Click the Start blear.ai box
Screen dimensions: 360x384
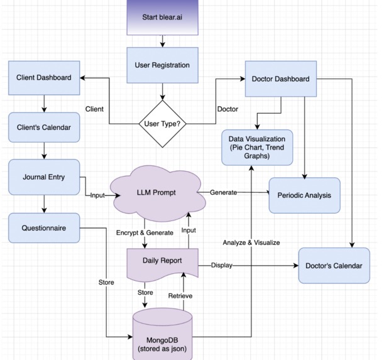pos(163,18)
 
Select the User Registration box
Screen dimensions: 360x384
pos(163,65)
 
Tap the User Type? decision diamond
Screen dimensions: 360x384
pos(163,124)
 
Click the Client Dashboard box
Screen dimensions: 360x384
pos(44,79)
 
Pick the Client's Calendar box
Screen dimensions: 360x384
pos(44,128)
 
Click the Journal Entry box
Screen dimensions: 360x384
pos(44,177)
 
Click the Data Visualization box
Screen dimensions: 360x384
pos(257,147)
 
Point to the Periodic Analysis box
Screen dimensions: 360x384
pos(304,195)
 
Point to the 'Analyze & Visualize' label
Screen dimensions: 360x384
pos(251,243)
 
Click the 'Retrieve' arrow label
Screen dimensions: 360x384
pos(180,296)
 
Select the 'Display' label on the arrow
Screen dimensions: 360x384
pos(222,265)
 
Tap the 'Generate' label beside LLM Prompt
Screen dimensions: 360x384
pos(224,191)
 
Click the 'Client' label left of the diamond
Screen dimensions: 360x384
pos(94,109)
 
